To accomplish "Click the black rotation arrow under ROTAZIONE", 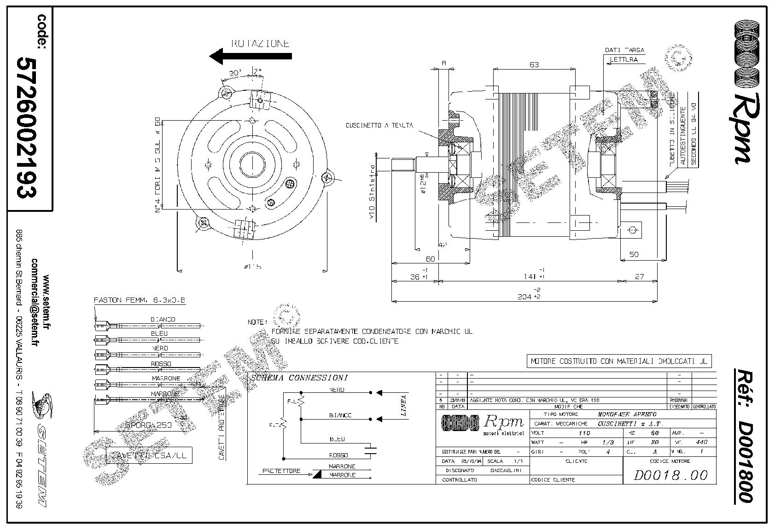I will click(251, 57).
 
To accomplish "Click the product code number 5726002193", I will click(26, 127).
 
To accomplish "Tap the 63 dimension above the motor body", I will click(534, 65).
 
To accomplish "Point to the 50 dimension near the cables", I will click(634, 255).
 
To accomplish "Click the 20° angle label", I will click(235, 73).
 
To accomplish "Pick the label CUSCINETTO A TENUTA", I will click(380, 125).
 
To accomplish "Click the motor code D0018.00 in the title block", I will click(670, 475).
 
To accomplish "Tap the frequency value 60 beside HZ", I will click(655, 433).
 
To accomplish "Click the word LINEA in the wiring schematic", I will click(404, 406).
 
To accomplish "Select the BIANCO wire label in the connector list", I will click(163, 319).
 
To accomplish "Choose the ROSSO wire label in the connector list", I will click(161, 363).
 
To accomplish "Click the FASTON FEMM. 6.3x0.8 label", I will click(140, 300).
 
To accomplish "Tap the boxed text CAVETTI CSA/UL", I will click(149, 455).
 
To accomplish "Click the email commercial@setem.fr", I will click(35, 303).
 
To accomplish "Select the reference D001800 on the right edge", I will click(745, 435).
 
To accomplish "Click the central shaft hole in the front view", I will click(251, 163).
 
